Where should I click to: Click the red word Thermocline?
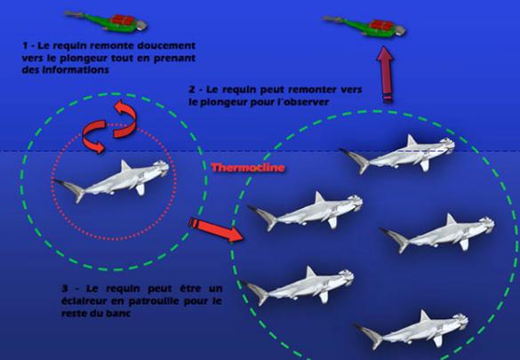coord(248,168)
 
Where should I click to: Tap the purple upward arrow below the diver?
coord(385,75)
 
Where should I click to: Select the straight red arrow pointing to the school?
coord(216,229)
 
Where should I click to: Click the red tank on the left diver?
coord(123,20)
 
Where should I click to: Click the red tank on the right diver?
coord(381,25)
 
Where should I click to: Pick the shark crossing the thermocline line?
coord(397,154)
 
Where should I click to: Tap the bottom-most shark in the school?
coord(412,329)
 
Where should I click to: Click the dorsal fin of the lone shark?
coord(124,165)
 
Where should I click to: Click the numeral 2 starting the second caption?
coord(192,90)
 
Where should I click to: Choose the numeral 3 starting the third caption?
coord(65,288)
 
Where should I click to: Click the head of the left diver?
coord(141,25)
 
